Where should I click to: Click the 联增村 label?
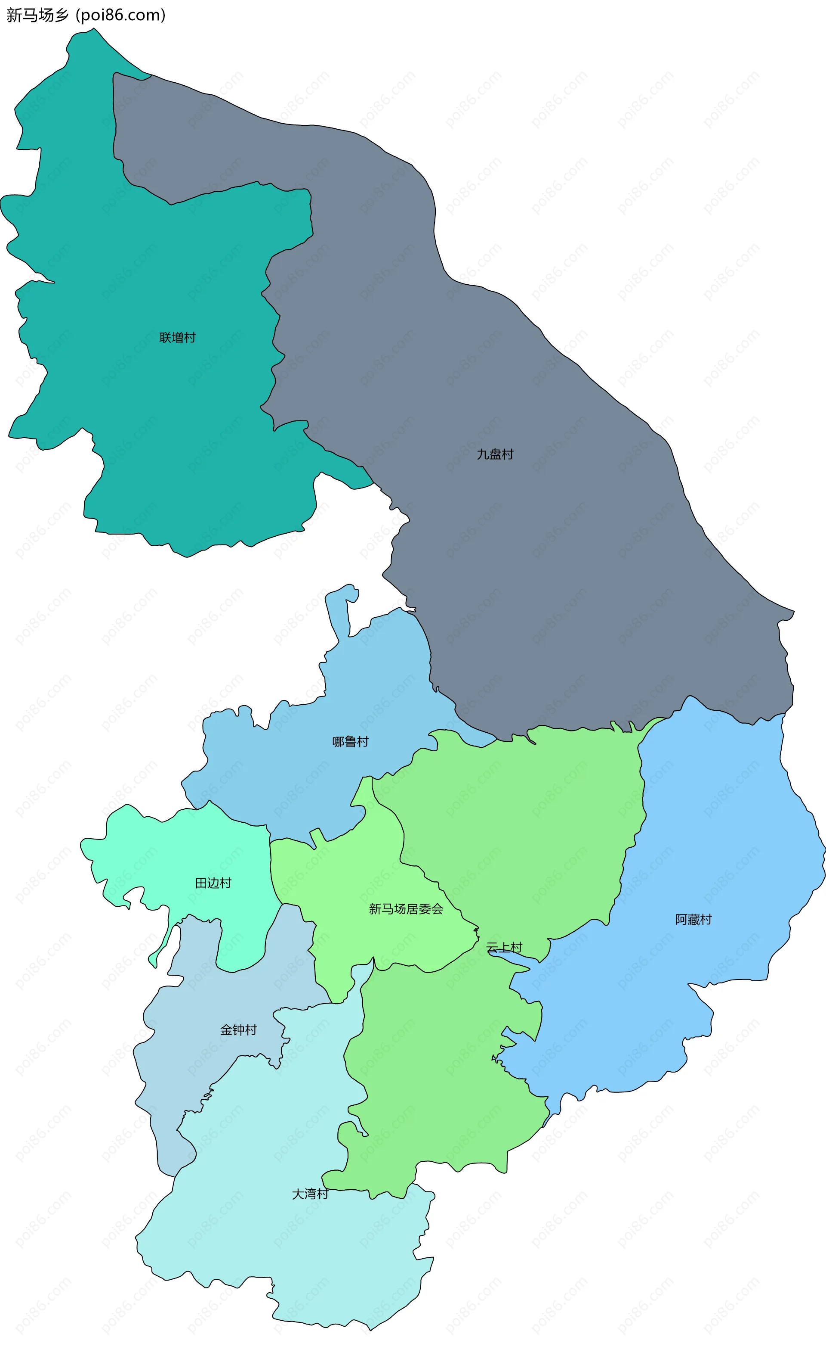click(177, 338)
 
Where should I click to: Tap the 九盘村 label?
click(495, 454)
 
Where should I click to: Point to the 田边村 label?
click(213, 883)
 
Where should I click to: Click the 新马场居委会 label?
click(406, 909)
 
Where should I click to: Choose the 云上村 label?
click(504, 948)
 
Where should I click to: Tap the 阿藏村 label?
click(693, 919)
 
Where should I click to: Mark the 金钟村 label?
click(239, 1030)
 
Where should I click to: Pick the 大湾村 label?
click(310, 1194)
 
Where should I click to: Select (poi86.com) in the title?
click(121, 15)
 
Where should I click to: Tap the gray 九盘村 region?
click(551, 551)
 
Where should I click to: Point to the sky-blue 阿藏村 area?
click(716, 827)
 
